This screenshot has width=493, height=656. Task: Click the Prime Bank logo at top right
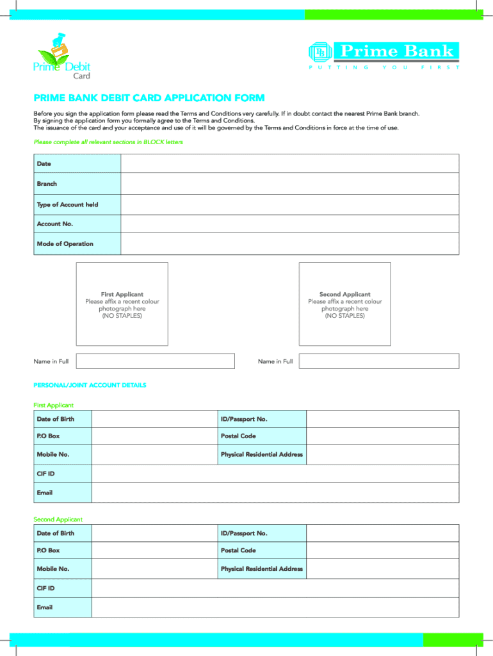click(384, 54)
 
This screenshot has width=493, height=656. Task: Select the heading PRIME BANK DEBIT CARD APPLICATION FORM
click(149, 98)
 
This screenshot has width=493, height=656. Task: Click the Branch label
click(47, 184)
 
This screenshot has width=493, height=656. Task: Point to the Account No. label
click(55, 224)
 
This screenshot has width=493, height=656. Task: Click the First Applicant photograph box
click(122, 304)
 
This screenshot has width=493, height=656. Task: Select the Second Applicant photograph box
click(344, 304)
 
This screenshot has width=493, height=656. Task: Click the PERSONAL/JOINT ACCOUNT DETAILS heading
click(90, 385)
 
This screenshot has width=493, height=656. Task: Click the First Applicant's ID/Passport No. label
click(244, 419)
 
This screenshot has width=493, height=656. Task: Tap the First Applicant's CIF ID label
click(45, 473)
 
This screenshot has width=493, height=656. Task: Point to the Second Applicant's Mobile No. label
click(53, 569)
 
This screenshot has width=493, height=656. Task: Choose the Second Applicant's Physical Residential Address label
click(261, 569)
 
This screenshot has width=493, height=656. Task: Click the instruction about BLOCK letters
click(108, 142)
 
